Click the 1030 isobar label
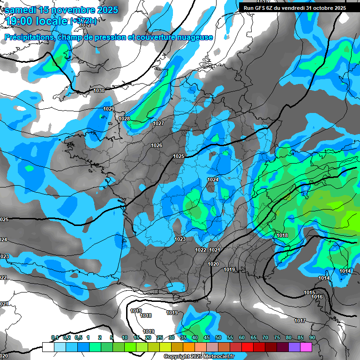[x=99, y=90]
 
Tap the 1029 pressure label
[x=109, y=109]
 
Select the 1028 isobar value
[x=124, y=119]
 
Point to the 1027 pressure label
[x=158, y=123]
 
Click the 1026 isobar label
[x=157, y=145]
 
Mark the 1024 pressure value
[x=213, y=180]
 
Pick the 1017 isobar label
[x=300, y=321]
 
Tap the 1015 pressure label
[x=309, y=292]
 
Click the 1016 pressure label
[x=317, y=297]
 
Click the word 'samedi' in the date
[x=21, y=9]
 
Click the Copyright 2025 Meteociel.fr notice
[x=199, y=356]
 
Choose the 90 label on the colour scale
[x=312, y=337]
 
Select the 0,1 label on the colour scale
[x=55, y=337]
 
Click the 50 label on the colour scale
[x=218, y=337]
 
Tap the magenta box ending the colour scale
[x=306, y=347]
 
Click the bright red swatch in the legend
[x=247, y=347]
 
